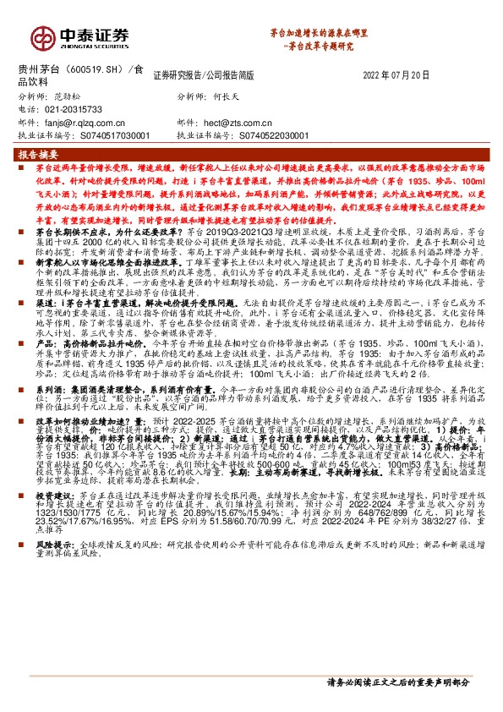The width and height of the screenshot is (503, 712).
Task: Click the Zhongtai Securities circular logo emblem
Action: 42,37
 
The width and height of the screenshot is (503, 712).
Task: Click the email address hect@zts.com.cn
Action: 240,122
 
